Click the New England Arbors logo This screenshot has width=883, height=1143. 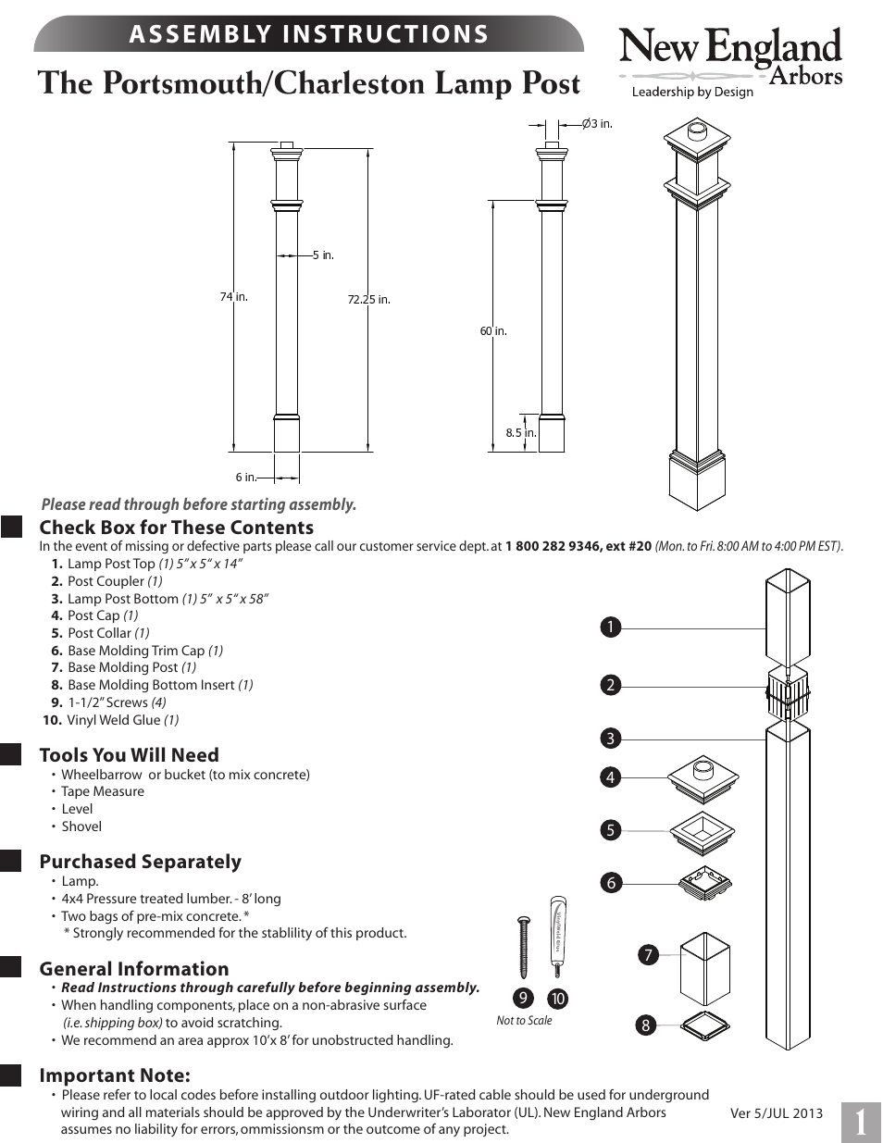(730, 61)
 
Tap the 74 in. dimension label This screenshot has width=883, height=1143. (233, 297)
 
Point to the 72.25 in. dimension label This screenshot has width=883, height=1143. (368, 299)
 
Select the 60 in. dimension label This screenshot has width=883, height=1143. (493, 331)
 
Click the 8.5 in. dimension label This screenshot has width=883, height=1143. (520, 432)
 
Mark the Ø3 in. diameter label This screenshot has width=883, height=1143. (597, 123)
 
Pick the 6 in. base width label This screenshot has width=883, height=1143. (245, 478)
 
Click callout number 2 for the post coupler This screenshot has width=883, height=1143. (610, 685)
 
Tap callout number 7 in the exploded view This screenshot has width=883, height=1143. (648, 954)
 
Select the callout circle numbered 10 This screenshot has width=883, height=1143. (557, 999)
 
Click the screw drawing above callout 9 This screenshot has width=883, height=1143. (523, 947)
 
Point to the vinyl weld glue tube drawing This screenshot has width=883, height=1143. (557, 935)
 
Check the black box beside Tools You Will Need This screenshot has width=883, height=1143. (11, 754)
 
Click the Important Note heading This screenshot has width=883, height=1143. (115, 1075)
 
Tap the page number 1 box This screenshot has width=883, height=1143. (861, 1123)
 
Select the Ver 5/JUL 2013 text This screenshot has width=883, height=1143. (776, 1113)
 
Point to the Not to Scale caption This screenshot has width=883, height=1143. (524, 1021)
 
